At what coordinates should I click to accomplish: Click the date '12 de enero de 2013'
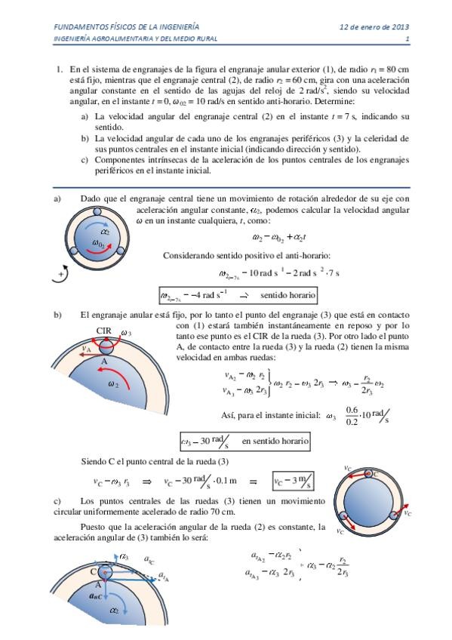point(374,26)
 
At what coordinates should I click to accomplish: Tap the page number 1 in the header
point(407,39)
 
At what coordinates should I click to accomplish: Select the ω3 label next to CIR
point(126,332)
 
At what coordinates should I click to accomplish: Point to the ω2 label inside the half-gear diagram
point(113,383)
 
